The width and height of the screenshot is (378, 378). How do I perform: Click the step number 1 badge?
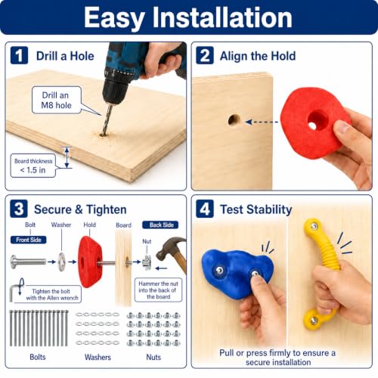pos(19,55)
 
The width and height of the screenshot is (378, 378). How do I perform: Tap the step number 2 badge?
pos(205,55)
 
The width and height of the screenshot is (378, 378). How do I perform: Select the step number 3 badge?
pos(19,209)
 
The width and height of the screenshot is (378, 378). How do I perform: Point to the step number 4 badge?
pos(205,209)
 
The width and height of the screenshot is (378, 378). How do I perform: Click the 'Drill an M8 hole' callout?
pos(57,100)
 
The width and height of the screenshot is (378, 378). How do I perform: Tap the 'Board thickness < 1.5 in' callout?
pos(33,166)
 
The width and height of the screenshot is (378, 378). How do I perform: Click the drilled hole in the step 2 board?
pos(234,119)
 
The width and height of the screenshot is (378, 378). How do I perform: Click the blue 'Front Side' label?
pos(29,240)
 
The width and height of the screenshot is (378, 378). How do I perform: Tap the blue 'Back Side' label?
pos(160,225)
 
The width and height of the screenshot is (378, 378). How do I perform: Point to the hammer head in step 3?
pos(170,247)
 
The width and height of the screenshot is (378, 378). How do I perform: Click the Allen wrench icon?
pos(17,290)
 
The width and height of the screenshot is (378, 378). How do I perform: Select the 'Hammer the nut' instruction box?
pos(158,290)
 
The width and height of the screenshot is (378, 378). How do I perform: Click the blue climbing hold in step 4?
pos(237,273)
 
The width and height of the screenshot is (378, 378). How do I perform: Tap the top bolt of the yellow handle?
pos(314,226)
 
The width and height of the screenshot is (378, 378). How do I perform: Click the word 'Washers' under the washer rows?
pos(98,357)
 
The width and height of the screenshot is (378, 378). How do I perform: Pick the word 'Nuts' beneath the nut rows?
pos(153,357)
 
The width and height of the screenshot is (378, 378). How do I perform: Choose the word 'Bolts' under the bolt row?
pos(38,357)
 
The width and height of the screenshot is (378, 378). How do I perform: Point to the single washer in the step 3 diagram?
pos(61,262)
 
